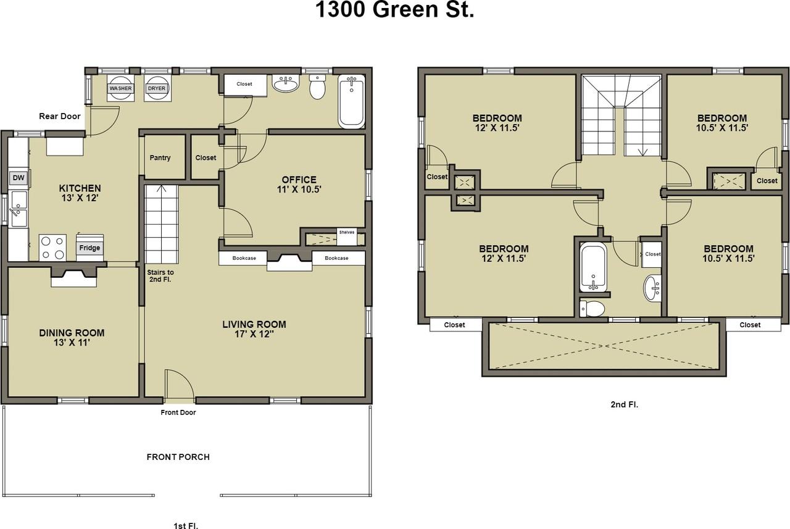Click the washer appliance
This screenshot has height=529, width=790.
[120, 88]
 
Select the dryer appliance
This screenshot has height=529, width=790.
[157, 88]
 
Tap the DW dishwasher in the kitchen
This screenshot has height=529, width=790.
[19, 179]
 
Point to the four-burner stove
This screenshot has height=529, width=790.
[52, 247]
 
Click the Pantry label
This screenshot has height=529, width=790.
[160, 158]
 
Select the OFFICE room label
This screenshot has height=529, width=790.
[299, 180]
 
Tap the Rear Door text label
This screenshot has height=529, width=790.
[60, 116]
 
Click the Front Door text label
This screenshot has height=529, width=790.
[178, 412]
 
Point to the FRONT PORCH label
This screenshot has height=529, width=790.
[178, 457]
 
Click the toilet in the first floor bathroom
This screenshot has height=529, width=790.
[317, 89]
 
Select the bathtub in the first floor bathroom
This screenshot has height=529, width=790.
[351, 101]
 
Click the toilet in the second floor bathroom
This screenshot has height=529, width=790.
[594, 307]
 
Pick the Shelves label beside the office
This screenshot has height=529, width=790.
[346, 232]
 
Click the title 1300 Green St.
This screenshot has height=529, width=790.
[395, 10]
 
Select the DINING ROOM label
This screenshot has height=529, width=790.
[72, 333]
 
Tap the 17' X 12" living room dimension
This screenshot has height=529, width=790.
[254, 335]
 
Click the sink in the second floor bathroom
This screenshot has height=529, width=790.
[652, 288]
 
